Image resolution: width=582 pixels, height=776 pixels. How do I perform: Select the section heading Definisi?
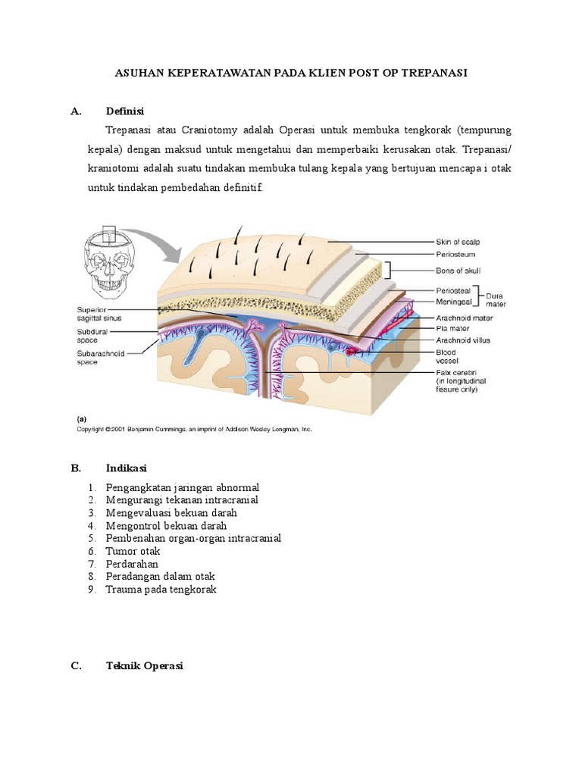(125, 111)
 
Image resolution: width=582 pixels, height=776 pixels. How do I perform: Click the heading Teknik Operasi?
(145, 666)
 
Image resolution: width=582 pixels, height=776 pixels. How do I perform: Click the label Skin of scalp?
(458, 242)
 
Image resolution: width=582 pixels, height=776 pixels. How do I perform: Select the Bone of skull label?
(458, 271)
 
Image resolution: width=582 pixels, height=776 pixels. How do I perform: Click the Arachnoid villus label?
(463, 340)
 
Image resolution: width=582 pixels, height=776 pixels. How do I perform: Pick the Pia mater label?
(453, 329)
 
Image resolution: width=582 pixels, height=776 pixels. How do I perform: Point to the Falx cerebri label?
(455, 371)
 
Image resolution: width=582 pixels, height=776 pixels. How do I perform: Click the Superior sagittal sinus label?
(99, 314)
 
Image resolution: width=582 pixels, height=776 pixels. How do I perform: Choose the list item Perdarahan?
(132, 564)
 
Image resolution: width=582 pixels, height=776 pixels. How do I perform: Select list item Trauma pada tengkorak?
(161, 589)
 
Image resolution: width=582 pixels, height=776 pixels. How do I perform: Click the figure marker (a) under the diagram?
(81, 418)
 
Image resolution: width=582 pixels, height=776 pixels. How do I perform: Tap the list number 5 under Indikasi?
(92, 538)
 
